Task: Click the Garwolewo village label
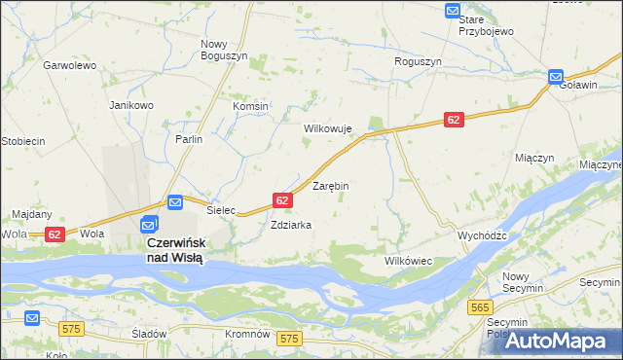pos(68,65)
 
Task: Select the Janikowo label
pos(131,105)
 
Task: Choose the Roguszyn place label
pos(418,60)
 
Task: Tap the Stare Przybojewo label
pos(487,25)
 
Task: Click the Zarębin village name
pos(330,185)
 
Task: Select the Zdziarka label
pos(291,225)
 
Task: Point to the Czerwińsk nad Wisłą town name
pos(174,250)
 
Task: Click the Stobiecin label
pos(23,141)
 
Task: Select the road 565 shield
pos(479,307)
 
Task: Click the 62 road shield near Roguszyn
pos(454,119)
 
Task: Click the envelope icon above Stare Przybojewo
pos(453,11)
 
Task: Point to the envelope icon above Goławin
pos(555,76)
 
